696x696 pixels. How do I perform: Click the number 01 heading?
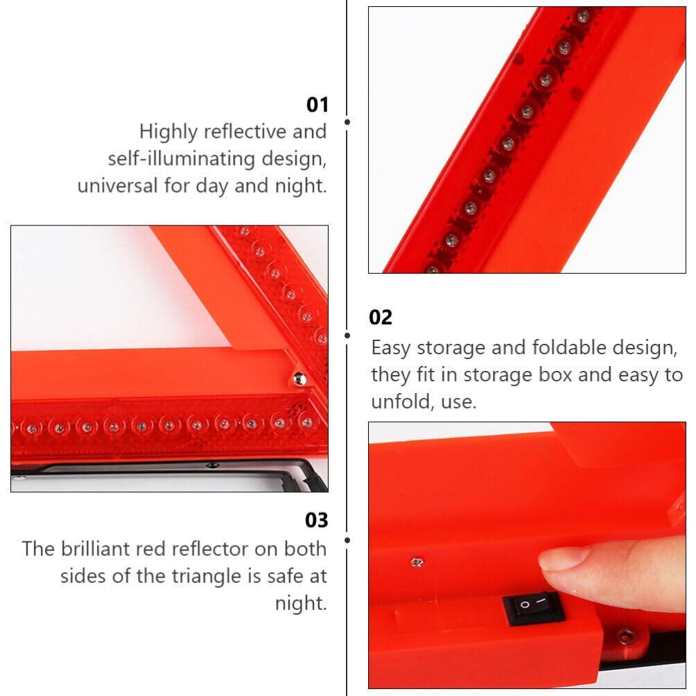pos(317,105)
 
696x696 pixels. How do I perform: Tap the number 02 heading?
pos(381,317)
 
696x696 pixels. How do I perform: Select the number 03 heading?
pos(317,520)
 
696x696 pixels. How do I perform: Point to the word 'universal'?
pos(117,185)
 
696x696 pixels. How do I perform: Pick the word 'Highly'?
pos(168,132)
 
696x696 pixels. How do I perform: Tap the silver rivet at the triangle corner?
pos(299,379)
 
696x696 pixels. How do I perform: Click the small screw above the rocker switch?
pos(417,563)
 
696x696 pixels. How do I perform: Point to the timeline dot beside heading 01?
pos(347,121)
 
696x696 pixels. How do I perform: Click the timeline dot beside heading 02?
pos(347,336)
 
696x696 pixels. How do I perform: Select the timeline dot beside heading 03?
pos(347,540)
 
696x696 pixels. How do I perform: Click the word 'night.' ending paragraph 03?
pos(301,603)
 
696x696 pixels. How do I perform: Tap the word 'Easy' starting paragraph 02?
pos(390,348)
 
